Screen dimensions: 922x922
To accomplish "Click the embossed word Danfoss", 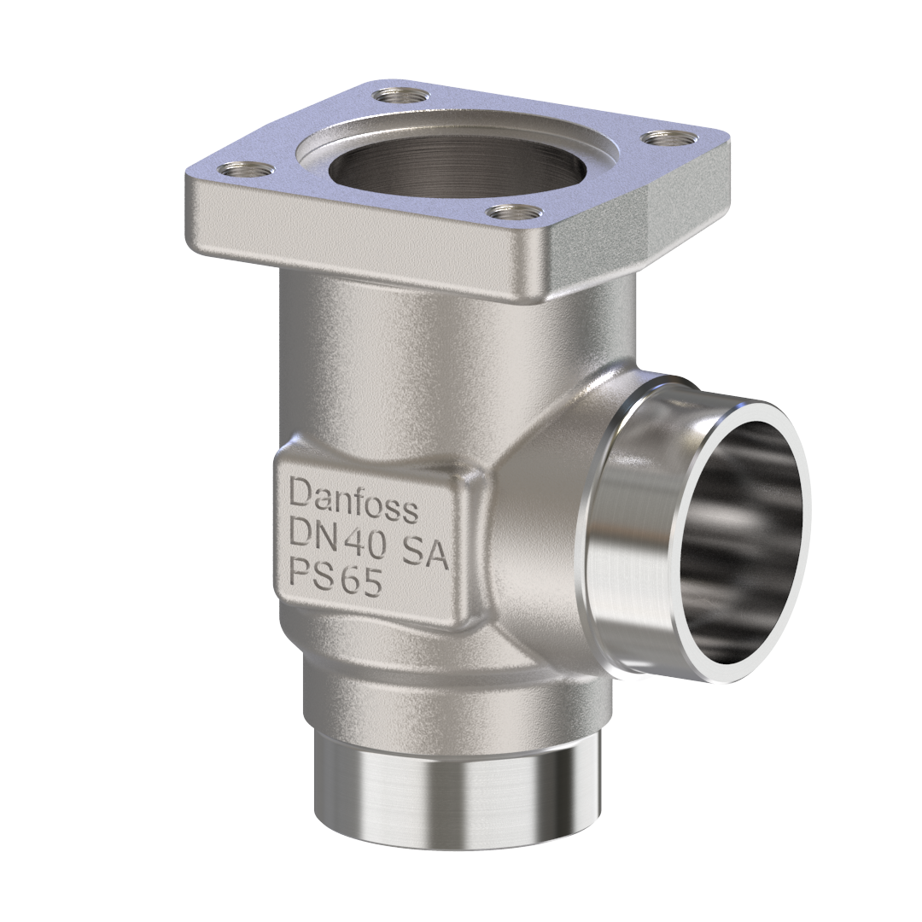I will [x=353, y=500].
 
